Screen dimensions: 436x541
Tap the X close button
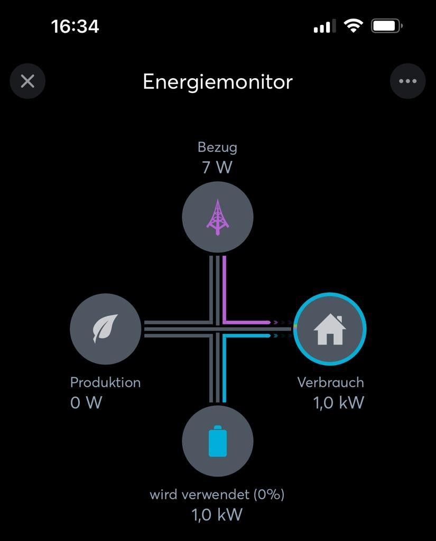(27, 81)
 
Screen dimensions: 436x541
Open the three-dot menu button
(407, 81)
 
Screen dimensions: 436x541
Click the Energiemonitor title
(218, 82)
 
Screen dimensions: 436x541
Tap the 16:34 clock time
(75, 26)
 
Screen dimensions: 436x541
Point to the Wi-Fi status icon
(353, 26)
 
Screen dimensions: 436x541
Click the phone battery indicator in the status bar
(387, 26)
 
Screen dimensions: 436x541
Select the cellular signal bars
(324, 26)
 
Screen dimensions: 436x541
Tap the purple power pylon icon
(218, 217)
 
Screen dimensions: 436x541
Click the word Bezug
(218, 148)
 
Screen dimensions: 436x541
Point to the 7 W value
(217, 167)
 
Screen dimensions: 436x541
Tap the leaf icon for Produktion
(105, 329)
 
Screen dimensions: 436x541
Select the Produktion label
(105, 383)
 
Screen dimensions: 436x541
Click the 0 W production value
(86, 402)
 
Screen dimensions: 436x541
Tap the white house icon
(330, 329)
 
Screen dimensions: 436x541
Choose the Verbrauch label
(331, 383)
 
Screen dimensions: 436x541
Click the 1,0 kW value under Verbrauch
(339, 402)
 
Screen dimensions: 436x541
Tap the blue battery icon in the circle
(218, 441)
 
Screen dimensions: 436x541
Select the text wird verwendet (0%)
(217, 495)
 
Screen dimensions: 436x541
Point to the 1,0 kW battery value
(217, 515)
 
